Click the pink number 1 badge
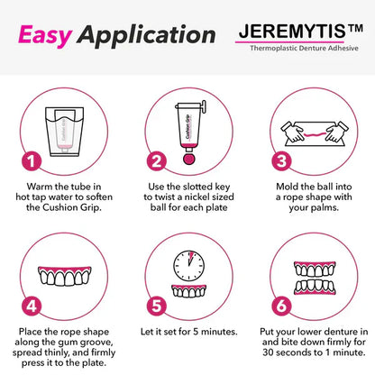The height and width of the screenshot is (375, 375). pos(31,162)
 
